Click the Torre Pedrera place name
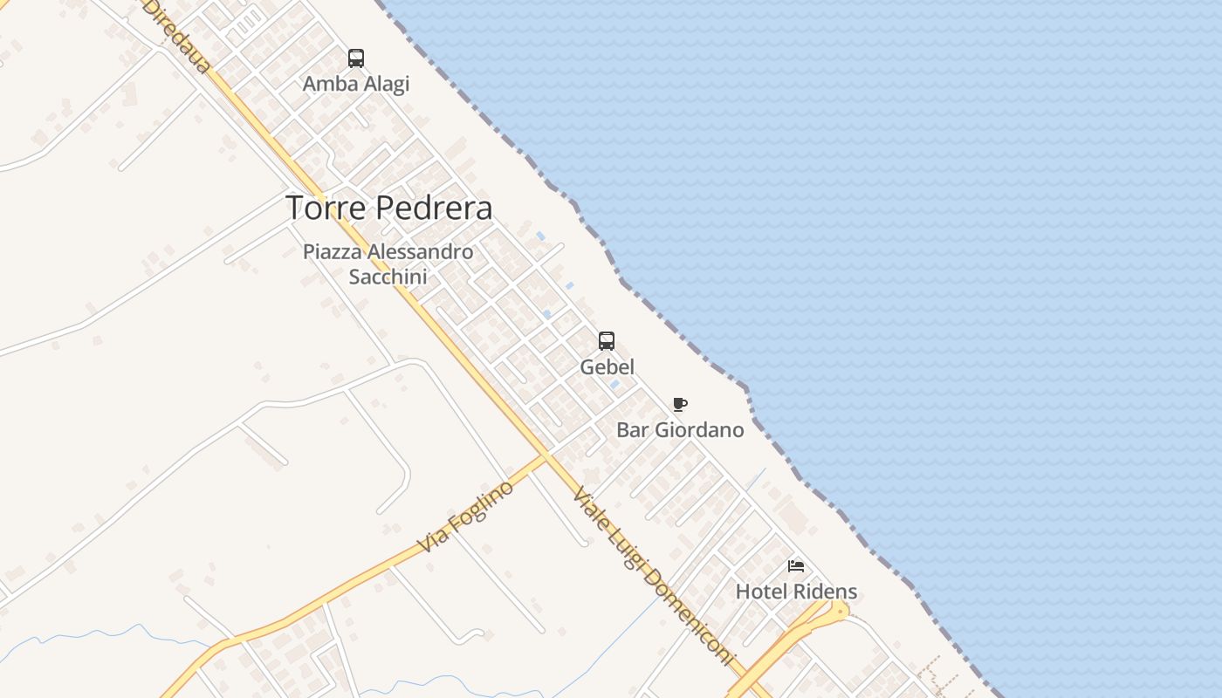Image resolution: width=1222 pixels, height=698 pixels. click(x=388, y=208)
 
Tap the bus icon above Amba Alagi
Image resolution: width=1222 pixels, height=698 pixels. click(x=356, y=58)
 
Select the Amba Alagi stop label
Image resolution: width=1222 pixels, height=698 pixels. click(x=355, y=84)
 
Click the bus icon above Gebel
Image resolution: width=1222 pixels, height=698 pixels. click(x=607, y=340)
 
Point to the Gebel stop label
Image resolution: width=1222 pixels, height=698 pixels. click(x=607, y=366)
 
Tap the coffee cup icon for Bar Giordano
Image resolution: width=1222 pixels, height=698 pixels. click(x=680, y=404)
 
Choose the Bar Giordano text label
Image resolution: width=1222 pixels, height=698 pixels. click(x=680, y=429)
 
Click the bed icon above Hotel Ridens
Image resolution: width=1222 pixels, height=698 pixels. click(x=796, y=566)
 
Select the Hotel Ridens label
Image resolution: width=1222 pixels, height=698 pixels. click(x=796, y=592)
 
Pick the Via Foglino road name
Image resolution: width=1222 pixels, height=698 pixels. click(x=464, y=516)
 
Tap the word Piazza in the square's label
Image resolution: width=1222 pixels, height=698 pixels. click(x=333, y=252)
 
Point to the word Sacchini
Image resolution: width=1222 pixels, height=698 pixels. click(x=388, y=277)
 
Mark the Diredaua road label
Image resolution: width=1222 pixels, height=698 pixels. click(x=177, y=35)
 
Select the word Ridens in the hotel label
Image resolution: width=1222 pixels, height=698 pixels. click(x=825, y=592)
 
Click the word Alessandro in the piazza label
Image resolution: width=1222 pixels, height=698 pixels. click(x=420, y=252)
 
